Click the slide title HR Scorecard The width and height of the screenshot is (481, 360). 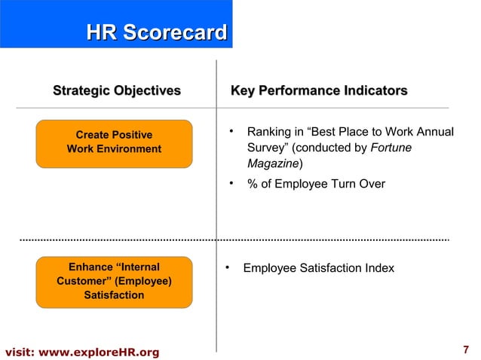(x=156, y=32)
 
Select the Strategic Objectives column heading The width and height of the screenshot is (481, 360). (x=116, y=92)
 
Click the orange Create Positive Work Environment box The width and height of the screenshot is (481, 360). (x=114, y=142)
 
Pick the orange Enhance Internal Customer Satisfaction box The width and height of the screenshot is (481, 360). (x=114, y=281)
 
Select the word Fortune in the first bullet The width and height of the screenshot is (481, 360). (x=391, y=148)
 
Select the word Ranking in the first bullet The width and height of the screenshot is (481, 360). (x=269, y=133)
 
